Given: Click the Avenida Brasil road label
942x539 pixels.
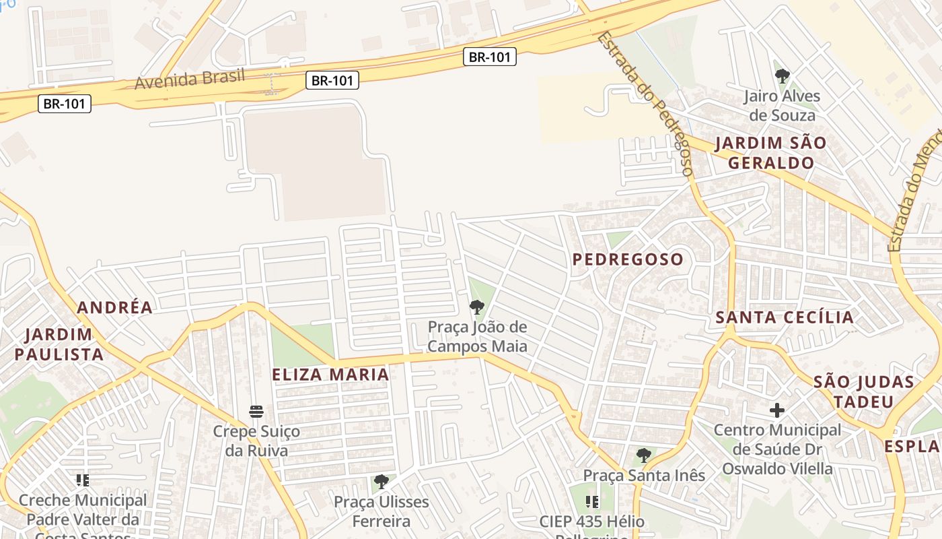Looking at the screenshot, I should pyautogui.click(x=190, y=79).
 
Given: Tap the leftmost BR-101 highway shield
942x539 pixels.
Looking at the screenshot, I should pyautogui.click(x=65, y=104).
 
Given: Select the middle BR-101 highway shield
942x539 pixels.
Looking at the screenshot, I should pyautogui.click(x=332, y=81).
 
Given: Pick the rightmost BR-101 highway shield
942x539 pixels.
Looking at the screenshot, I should pyautogui.click(x=490, y=57).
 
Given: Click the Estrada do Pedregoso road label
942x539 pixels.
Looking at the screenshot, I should pyautogui.click(x=645, y=104).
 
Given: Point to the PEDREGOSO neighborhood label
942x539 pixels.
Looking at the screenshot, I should pyautogui.click(x=628, y=259).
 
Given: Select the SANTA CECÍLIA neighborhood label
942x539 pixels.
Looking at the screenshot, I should pyautogui.click(x=785, y=317).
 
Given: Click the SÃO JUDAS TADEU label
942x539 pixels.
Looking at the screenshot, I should pyautogui.click(x=864, y=392).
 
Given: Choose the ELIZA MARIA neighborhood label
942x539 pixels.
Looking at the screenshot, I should pyautogui.click(x=331, y=375).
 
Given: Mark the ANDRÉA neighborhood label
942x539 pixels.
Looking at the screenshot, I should pyautogui.click(x=115, y=308).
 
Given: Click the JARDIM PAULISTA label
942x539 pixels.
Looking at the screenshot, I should pyautogui.click(x=59, y=344).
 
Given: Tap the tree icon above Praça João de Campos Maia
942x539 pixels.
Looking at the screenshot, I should pyautogui.click(x=477, y=308).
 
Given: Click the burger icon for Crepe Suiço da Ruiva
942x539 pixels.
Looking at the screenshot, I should pyautogui.click(x=256, y=411).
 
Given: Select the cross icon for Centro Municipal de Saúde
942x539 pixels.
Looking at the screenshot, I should pyautogui.click(x=777, y=410).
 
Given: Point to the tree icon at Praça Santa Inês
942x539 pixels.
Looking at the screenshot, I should pyautogui.click(x=644, y=455).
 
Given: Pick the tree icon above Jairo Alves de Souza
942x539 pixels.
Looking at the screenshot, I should pyautogui.click(x=782, y=76).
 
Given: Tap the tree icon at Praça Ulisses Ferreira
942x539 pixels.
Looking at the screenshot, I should pyautogui.click(x=382, y=482).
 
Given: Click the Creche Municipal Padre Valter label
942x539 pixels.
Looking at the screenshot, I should pyautogui.click(x=82, y=510).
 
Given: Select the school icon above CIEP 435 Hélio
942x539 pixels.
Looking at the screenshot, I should pyautogui.click(x=592, y=501).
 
